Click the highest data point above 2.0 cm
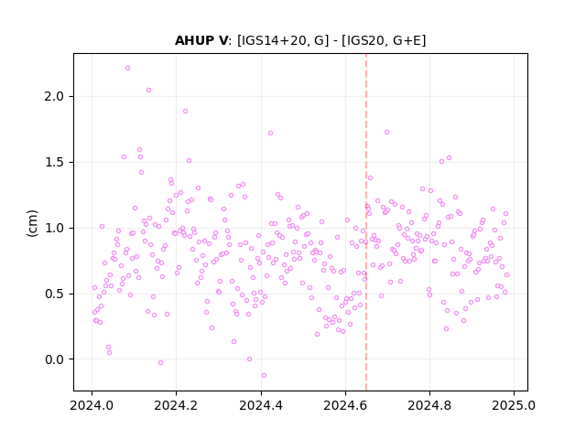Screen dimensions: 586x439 (x=127, y=69)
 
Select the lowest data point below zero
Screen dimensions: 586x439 (x=264, y=376)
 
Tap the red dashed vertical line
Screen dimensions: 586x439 (x=366, y=222)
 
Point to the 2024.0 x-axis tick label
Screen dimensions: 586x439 (x=92, y=405)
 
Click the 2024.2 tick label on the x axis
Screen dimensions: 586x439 (x=176, y=405)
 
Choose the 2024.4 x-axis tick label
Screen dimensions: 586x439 (x=261, y=405)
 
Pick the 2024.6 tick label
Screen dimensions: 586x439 (x=345, y=405)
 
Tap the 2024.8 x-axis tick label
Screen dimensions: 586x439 (x=429, y=405)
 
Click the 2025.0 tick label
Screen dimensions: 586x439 (x=514, y=405)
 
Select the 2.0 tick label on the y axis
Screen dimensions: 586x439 (x=55, y=97)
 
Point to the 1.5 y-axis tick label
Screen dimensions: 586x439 (x=55, y=163)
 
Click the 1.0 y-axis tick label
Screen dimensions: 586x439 (x=55, y=228)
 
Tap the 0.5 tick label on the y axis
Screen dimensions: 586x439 (x=55, y=294)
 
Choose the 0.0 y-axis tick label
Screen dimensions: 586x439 (x=55, y=359)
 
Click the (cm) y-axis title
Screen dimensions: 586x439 (x=32, y=223)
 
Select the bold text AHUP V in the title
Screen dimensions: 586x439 (x=201, y=40)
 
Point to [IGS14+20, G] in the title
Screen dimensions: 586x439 (x=283, y=40)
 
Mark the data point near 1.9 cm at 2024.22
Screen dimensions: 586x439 (x=185, y=112)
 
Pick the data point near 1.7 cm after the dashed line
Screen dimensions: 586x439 (x=386, y=132)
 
